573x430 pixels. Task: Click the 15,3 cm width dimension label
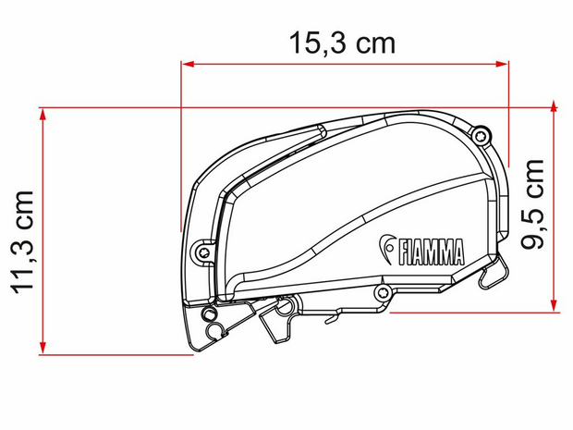coord(342,43)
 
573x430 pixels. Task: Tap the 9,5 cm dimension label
coord(532,204)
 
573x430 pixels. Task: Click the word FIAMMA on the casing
coord(431,252)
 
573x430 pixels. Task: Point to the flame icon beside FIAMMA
coord(386,249)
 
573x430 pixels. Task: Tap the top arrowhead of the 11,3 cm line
coord(43,114)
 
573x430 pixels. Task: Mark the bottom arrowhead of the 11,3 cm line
coord(43,349)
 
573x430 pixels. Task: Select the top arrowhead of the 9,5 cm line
coord(554,106)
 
